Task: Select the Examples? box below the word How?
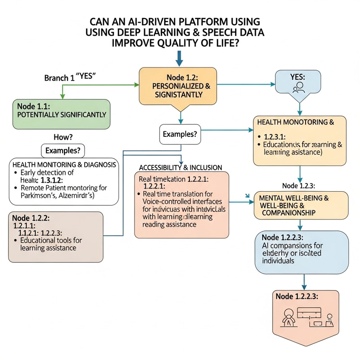click(x=63, y=150)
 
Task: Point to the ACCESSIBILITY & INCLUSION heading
click(x=180, y=167)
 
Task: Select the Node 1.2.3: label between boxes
click(x=299, y=185)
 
